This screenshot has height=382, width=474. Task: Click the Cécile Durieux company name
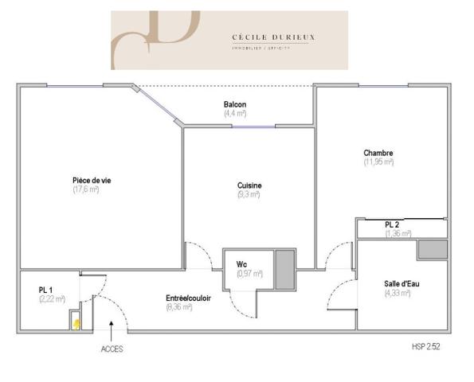[x=264, y=36]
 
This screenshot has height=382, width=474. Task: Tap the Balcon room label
[x=235, y=105]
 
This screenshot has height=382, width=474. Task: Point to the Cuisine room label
[x=249, y=185]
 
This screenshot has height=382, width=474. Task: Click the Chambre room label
[x=378, y=154]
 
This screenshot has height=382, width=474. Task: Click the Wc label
[x=243, y=265]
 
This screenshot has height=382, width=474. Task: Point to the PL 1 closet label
[x=46, y=290]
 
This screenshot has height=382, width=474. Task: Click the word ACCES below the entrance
[x=112, y=349]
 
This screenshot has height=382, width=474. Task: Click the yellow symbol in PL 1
[x=76, y=324]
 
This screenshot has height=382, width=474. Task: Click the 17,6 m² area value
[x=86, y=189]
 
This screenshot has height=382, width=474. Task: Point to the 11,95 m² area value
[x=378, y=162]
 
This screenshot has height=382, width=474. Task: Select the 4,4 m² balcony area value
[x=235, y=114]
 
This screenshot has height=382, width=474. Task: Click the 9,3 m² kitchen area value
[x=249, y=194]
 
